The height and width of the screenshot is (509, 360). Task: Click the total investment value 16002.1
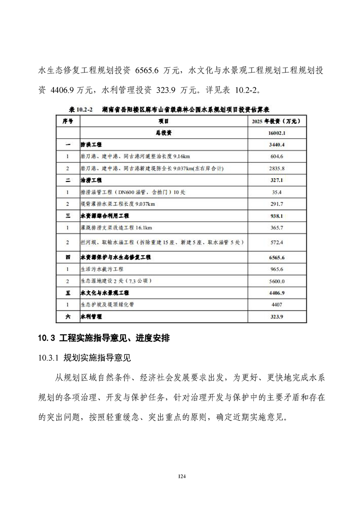point(276,133)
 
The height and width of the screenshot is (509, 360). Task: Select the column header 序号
point(68,122)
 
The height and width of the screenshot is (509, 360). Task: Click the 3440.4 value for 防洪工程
point(276,145)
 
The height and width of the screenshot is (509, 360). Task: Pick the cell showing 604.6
point(276,157)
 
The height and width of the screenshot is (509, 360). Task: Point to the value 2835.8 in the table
point(276,168)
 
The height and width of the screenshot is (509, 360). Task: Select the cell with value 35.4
point(276,192)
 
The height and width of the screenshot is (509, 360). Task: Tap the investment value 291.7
point(276,204)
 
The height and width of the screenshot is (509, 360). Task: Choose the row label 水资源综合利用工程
point(105,215)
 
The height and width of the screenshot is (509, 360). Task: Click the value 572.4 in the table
point(276,242)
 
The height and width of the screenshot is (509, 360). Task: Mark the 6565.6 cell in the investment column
point(276,257)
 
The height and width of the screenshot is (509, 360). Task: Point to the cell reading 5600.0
point(276,281)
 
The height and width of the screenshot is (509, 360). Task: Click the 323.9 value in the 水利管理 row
point(276,317)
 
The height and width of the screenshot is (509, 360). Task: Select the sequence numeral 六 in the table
point(68,317)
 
